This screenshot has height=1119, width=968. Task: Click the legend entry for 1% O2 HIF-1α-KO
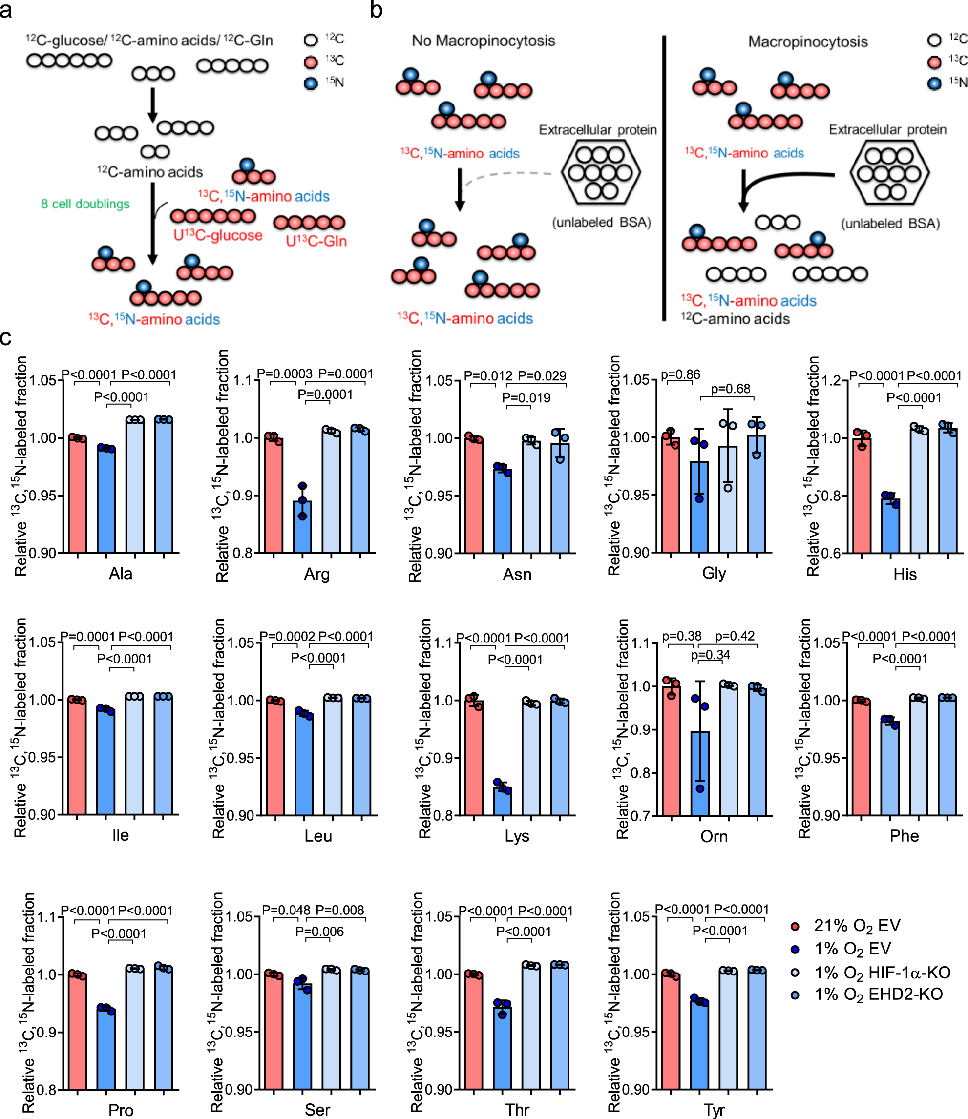(x=882, y=973)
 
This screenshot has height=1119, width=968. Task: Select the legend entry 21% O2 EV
(x=857, y=926)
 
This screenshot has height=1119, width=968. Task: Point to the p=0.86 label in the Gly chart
(x=681, y=374)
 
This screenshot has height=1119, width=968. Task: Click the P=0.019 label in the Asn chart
(x=526, y=398)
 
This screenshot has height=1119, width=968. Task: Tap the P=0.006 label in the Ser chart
(x=319, y=932)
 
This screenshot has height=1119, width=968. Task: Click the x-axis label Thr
(x=517, y=1109)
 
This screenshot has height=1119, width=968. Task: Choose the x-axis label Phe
(x=904, y=836)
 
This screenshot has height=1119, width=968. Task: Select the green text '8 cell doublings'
(x=85, y=204)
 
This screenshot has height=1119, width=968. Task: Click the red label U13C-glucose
(x=218, y=235)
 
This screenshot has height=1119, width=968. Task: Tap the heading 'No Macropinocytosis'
(x=484, y=41)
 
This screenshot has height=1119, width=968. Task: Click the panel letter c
(x=6, y=338)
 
